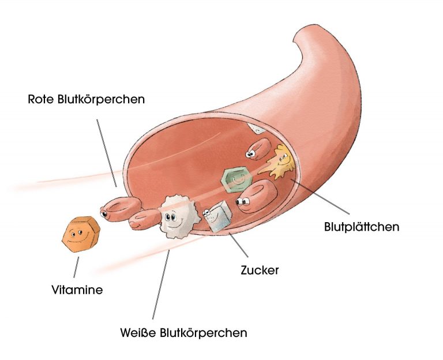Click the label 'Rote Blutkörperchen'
click(86, 99)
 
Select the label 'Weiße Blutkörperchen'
click(184, 333)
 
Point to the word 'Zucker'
click(260, 269)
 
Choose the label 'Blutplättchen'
click(362, 227)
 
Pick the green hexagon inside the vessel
click(236, 180)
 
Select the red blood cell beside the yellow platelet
click(258, 149)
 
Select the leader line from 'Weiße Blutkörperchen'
click(161, 283)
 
